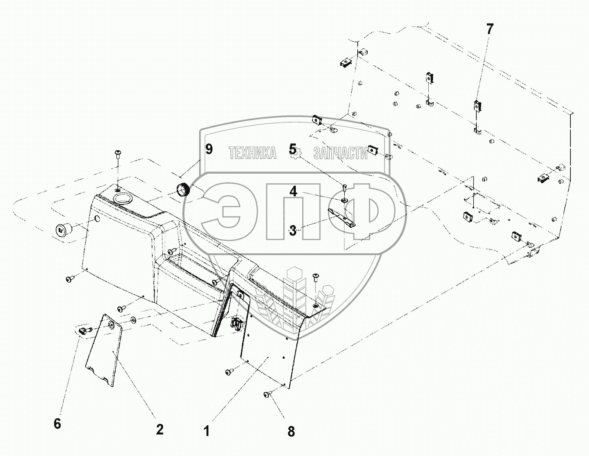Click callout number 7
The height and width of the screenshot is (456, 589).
coord(489,29)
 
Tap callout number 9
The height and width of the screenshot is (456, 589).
coord(209,149)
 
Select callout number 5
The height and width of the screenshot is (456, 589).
coord(293,149)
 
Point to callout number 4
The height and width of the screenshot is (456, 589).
coord(293,191)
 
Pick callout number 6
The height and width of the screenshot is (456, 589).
coord(57,424)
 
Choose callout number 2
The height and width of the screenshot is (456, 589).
coord(160,429)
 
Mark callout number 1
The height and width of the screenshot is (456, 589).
coord(207,431)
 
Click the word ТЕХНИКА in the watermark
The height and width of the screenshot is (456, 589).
coord(252,153)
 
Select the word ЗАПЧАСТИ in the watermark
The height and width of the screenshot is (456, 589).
coord(340,153)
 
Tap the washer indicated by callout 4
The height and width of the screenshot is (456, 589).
coord(344,200)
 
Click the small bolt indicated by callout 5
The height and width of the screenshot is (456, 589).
coord(344,187)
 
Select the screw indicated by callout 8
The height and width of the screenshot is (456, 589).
coord(267,394)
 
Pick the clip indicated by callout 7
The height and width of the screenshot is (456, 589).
coord(477,106)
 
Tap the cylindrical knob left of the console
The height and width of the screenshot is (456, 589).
coord(62,230)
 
